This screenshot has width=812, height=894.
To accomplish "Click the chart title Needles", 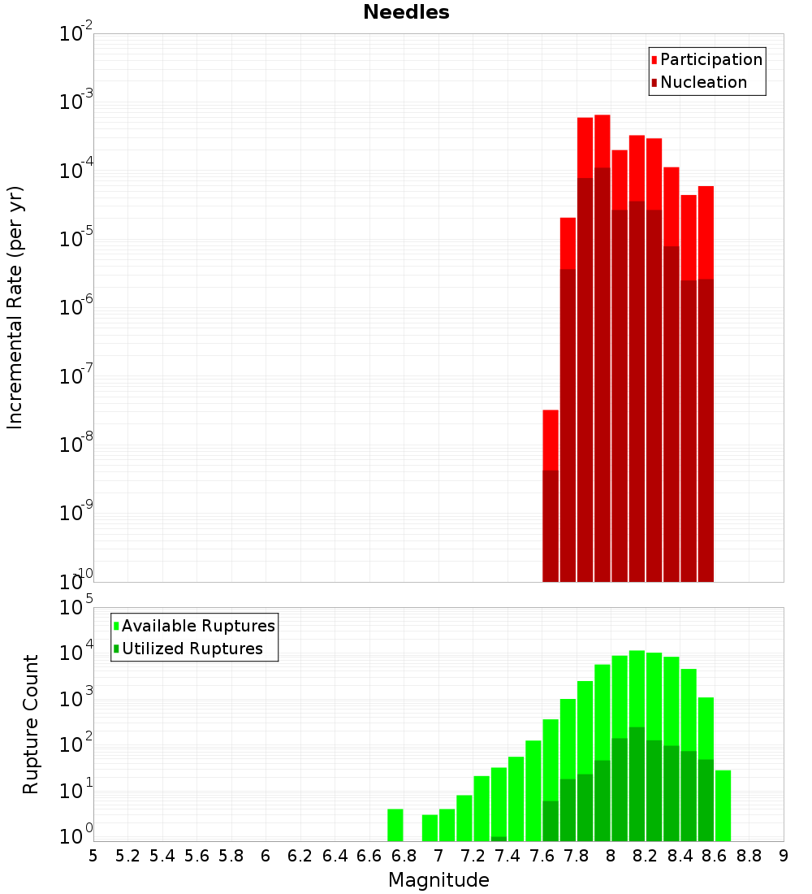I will tap(406, 12).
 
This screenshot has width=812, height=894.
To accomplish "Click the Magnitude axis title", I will tap(438, 880).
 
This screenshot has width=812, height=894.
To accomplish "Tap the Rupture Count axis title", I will tap(31, 724).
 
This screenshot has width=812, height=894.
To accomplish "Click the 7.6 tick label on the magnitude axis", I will tap(542, 855).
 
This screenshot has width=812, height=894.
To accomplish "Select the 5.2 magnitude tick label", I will tap(127, 855).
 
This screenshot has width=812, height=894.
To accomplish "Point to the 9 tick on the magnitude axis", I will tap(784, 855).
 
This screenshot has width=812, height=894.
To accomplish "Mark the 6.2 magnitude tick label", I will tap(300, 855).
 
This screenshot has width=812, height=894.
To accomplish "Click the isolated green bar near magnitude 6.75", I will tap(395, 825).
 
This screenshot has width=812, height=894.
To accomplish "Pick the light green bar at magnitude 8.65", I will tap(723, 805).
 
